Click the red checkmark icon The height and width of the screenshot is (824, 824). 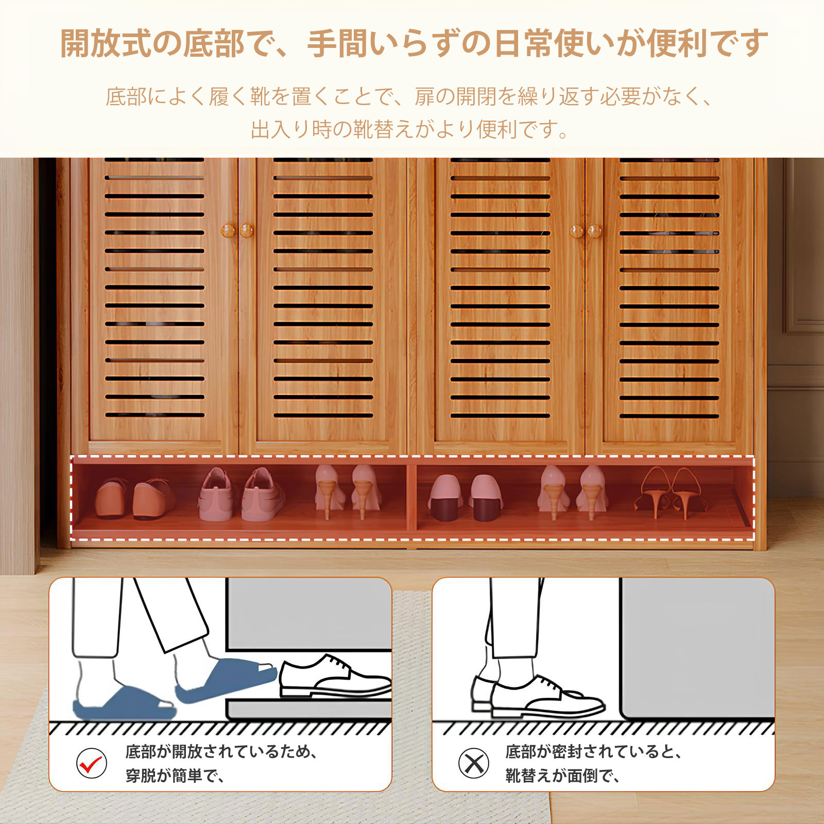[x=91, y=763]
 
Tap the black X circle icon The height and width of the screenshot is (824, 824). [x=473, y=763]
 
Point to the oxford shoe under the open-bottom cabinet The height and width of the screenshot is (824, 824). [x=335, y=676]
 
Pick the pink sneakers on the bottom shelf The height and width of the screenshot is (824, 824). [x=241, y=494]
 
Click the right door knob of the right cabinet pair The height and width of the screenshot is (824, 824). [x=594, y=231]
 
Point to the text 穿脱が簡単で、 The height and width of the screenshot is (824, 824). [x=175, y=776]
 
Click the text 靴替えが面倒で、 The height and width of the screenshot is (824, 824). [x=563, y=776]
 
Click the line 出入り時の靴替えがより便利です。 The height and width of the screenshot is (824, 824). [x=410, y=129]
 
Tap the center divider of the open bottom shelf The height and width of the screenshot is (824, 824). [x=411, y=499]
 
